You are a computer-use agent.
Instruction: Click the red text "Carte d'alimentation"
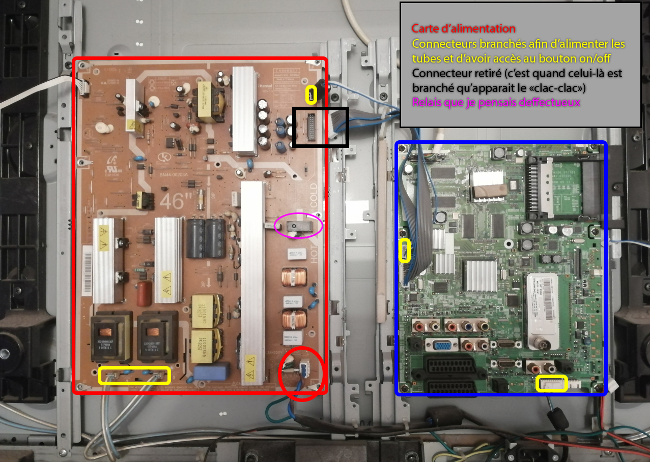[x=463, y=29]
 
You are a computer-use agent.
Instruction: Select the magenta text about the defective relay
[x=497, y=102]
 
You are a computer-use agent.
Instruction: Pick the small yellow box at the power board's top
[x=311, y=95]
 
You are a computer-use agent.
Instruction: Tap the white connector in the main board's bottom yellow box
[x=552, y=383]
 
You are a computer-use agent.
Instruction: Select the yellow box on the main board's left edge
[x=405, y=251]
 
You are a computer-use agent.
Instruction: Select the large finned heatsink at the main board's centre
[x=478, y=275]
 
